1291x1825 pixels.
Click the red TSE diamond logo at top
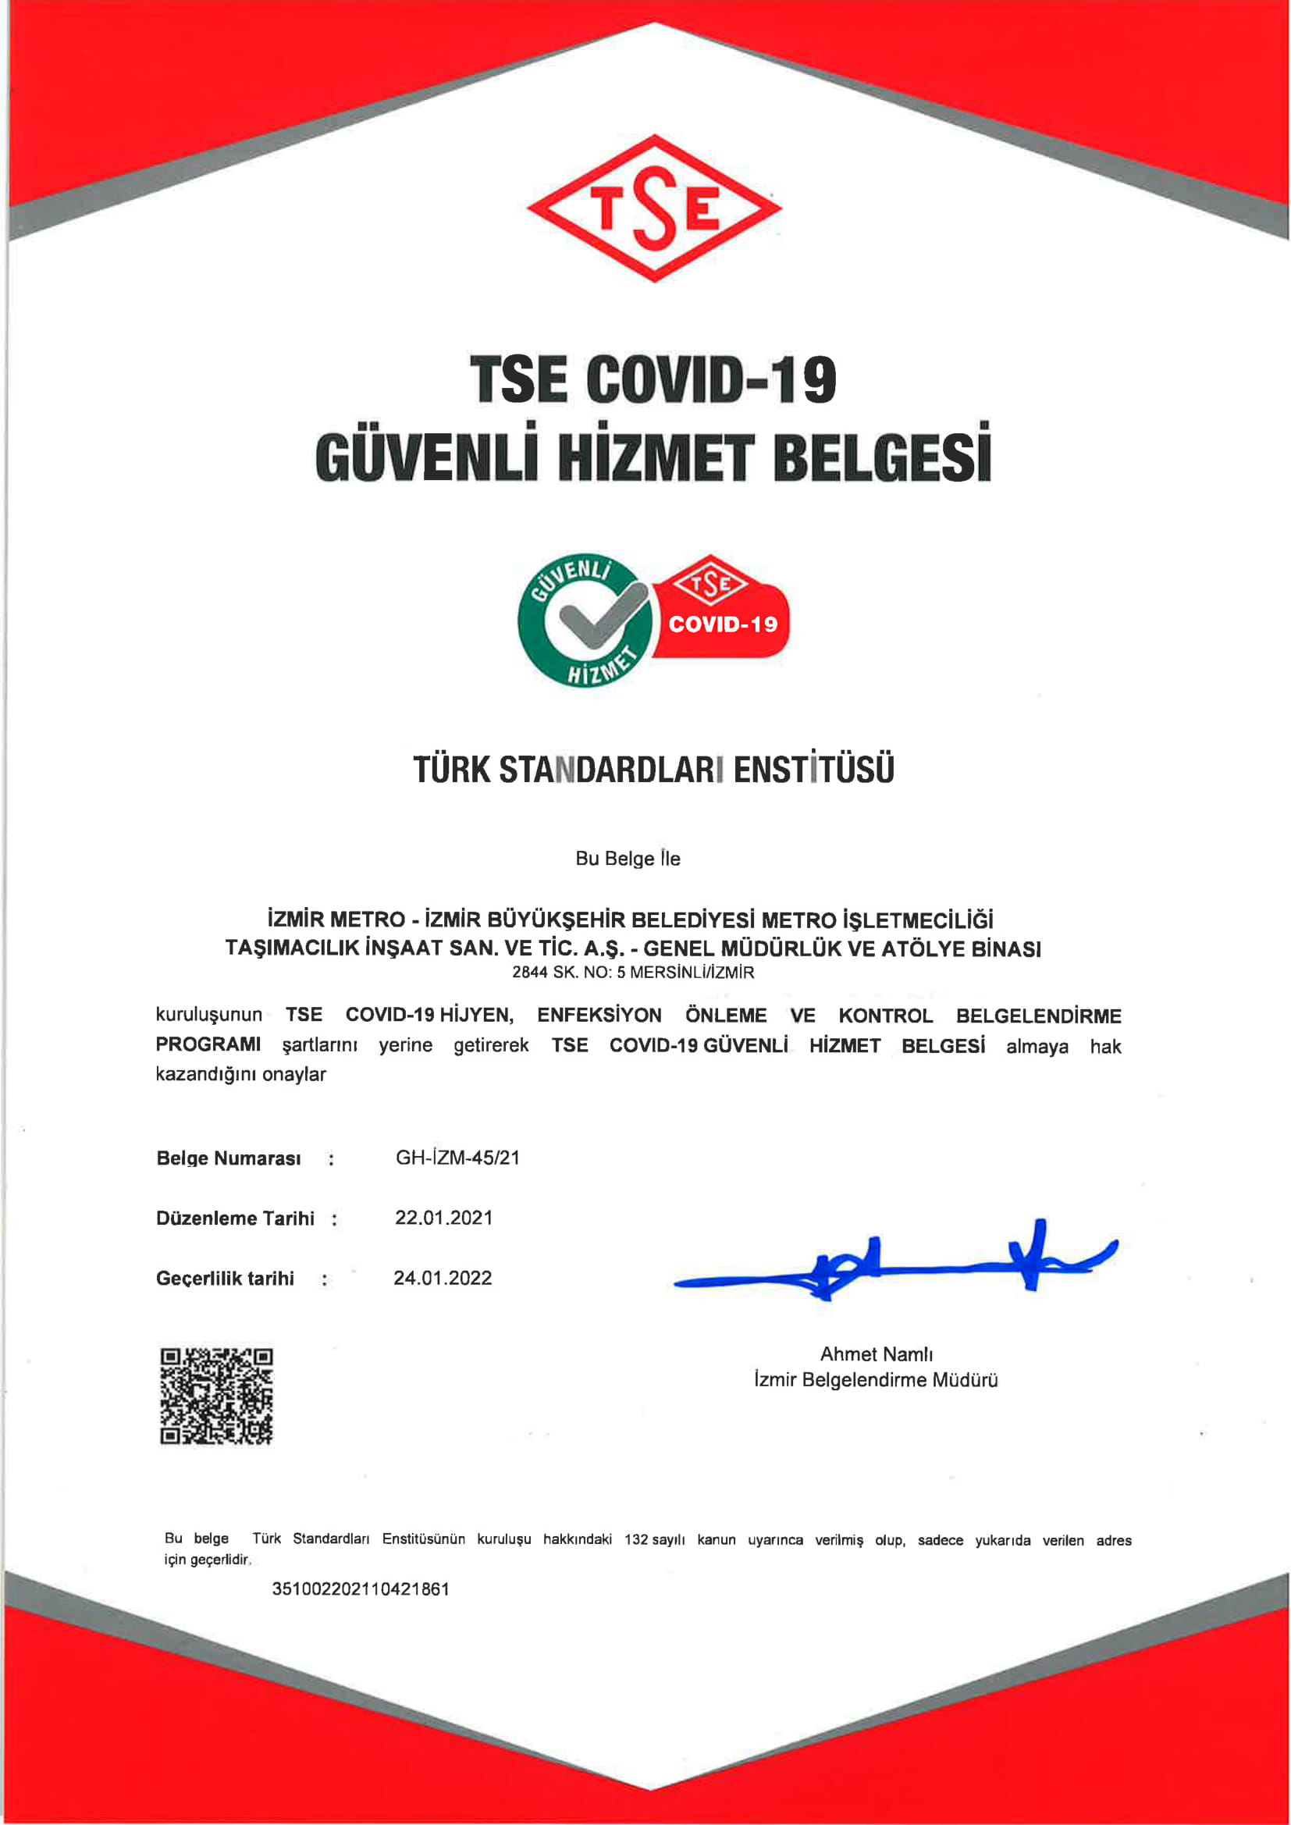pyautogui.click(x=654, y=208)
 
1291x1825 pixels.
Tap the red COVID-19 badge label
pyautogui.click(x=722, y=624)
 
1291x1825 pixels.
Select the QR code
pyautogui.click(x=216, y=1396)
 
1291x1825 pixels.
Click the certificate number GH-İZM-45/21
pyautogui.click(x=457, y=1158)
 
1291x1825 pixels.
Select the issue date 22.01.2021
pyautogui.click(x=443, y=1218)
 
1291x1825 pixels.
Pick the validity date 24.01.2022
pyautogui.click(x=443, y=1277)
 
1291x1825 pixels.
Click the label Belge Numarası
pyautogui.click(x=229, y=1158)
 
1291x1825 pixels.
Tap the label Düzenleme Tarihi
pyautogui.click(x=235, y=1218)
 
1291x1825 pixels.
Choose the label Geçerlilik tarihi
pyautogui.click(x=225, y=1278)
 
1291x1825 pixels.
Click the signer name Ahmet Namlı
pyautogui.click(x=876, y=1354)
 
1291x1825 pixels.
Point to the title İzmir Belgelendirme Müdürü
pyautogui.click(x=876, y=1380)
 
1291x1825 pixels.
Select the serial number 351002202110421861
pyautogui.click(x=360, y=1589)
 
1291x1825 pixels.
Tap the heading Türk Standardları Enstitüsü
pyautogui.click(x=653, y=770)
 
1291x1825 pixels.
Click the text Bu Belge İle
pyautogui.click(x=628, y=859)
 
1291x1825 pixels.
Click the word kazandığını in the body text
pyautogui.click(x=206, y=1075)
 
